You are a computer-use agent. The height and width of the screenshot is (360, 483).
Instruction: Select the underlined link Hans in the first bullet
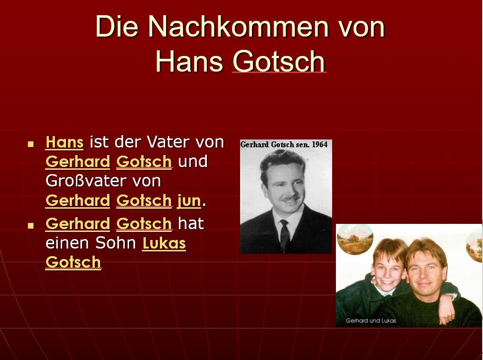pyautogui.click(x=65, y=142)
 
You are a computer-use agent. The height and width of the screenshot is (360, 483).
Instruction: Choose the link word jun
pyautogui.click(x=189, y=201)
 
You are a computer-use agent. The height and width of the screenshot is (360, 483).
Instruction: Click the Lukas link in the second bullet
pyautogui.click(x=164, y=243)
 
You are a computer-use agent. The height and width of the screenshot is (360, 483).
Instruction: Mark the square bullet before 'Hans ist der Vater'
pyautogui.click(x=30, y=144)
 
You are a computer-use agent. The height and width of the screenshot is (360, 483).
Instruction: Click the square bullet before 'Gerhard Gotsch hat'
pyautogui.click(x=30, y=225)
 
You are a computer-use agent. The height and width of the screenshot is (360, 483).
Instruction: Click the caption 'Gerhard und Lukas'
pyautogui.click(x=371, y=321)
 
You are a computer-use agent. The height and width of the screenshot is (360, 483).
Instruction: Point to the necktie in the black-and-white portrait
pyautogui.click(x=285, y=236)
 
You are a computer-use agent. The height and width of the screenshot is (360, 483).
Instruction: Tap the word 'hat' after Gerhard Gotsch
pyautogui.click(x=191, y=224)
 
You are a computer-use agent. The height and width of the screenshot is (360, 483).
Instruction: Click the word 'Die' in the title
pyautogui.click(x=117, y=27)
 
